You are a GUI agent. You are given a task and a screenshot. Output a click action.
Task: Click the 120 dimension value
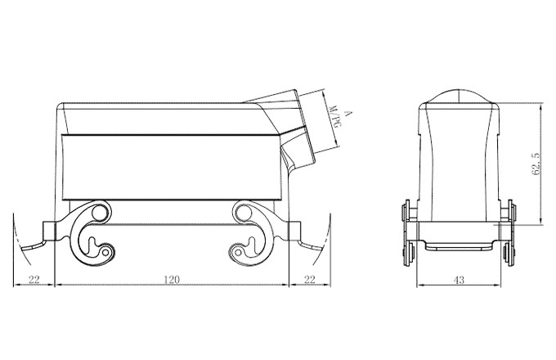(172, 280)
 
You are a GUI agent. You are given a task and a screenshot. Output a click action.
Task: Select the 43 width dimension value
(459, 280)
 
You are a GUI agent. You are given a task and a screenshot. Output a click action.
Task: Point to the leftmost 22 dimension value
(34, 280)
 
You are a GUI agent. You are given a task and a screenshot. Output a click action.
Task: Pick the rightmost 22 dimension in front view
(310, 280)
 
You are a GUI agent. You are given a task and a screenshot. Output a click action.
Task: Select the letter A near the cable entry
(347, 114)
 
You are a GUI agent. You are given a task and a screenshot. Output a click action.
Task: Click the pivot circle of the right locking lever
(242, 214)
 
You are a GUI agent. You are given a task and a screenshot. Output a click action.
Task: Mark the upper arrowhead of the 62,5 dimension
(542, 106)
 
